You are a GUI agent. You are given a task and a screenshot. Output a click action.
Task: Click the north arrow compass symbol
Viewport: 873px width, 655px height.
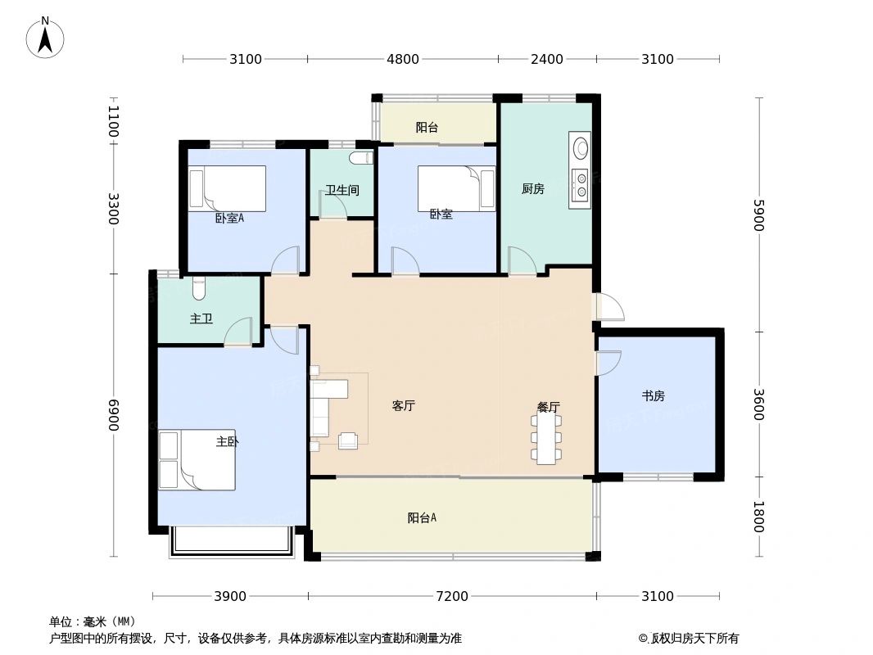pyautogui.click(x=45, y=37)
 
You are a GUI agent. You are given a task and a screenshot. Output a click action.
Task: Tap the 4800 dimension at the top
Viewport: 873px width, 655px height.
pyautogui.click(x=402, y=59)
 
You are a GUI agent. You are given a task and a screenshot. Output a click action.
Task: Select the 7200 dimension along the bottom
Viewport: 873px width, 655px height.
pyautogui.click(x=451, y=596)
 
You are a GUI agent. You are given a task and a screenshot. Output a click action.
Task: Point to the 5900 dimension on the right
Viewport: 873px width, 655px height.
pyautogui.click(x=758, y=215)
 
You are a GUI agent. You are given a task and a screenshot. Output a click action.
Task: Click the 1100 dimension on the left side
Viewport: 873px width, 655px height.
pyautogui.click(x=113, y=122)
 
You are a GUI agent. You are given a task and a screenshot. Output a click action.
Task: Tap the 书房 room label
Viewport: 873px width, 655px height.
pyautogui.click(x=653, y=396)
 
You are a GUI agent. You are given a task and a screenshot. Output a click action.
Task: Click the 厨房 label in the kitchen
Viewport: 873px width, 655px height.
pyautogui.click(x=533, y=189)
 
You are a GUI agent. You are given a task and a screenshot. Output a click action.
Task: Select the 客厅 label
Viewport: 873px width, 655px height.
pyautogui.click(x=403, y=406)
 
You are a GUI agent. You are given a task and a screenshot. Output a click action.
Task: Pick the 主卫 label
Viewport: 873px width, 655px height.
pyautogui.click(x=201, y=318)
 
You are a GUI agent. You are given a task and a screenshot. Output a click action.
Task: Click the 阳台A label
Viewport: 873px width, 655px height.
pyautogui.click(x=422, y=517)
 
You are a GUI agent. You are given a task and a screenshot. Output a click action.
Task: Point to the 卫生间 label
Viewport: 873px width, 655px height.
pyautogui.click(x=342, y=190)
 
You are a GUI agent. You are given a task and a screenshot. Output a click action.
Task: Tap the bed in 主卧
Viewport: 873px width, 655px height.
pyautogui.click(x=197, y=460)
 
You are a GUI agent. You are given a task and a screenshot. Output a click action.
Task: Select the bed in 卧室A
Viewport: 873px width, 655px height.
pyautogui.click(x=228, y=188)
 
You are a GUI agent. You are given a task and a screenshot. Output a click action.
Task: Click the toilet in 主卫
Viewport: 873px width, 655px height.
pyautogui.click(x=199, y=288)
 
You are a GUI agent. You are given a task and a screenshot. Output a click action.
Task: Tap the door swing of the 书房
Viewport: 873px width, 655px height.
pyautogui.click(x=608, y=363)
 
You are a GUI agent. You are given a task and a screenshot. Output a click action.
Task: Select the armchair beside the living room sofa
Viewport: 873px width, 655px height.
pyautogui.click(x=348, y=440)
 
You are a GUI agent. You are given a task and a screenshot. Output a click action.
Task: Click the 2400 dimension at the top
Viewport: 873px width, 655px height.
pyautogui.click(x=547, y=59)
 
